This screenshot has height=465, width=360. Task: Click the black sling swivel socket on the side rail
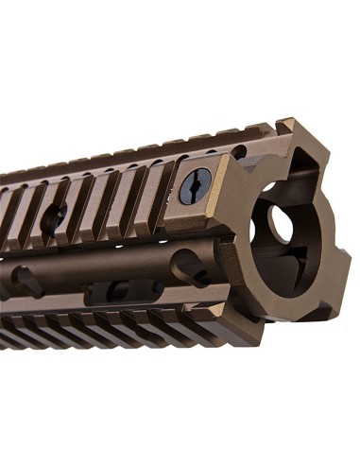(x=196, y=186)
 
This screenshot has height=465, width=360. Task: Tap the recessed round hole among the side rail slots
(x=54, y=217)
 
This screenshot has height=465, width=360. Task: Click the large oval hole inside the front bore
(x=280, y=224)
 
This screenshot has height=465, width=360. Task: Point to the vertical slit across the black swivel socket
(x=196, y=186)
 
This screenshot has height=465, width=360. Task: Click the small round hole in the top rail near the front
(x=237, y=151)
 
